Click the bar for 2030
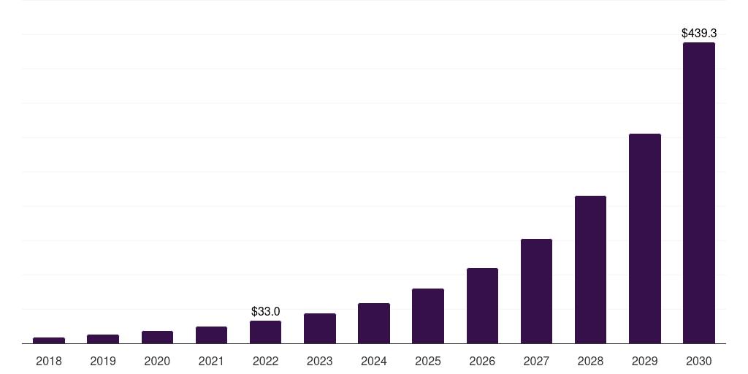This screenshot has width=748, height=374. (x=698, y=193)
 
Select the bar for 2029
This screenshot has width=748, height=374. (x=644, y=238)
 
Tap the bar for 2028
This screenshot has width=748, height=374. (x=590, y=270)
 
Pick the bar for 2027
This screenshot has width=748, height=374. (x=536, y=291)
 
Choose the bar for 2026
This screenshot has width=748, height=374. (x=482, y=305)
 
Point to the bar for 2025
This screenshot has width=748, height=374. (x=428, y=316)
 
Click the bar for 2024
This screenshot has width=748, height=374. (x=374, y=323)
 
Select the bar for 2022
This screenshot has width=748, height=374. (x=265, y=332)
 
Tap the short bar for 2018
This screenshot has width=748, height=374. (x=49, y=340)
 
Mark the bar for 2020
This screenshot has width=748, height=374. (x=157, y=337)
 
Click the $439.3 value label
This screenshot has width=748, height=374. (x=698, y=33)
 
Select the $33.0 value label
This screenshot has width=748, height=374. (x=265, y=311)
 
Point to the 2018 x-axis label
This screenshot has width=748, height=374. (x=49, y=361)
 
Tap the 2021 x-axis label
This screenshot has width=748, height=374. (x=211, y=361)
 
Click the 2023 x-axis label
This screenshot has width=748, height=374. (x=319, y=361)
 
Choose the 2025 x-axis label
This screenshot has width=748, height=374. (x=428, y=361)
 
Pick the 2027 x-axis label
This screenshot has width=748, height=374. (x=536, y=361)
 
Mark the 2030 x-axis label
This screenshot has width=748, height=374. (x=698, y=361)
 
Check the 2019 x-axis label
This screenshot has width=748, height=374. (x=103, y=361)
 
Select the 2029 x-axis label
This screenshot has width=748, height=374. (x=644, y=361)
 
